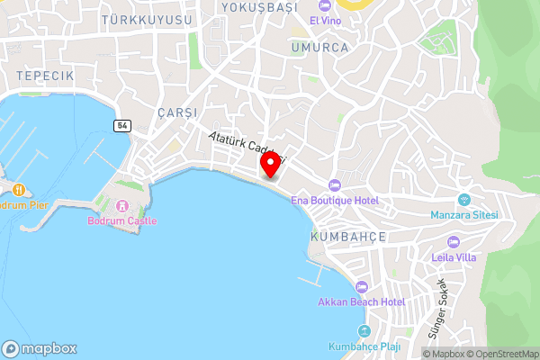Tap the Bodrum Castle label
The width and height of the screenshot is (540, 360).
click(122, 220)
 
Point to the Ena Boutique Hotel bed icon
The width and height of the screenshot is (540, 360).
click(335, 184)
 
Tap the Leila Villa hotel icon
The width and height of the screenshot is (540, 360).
click(453, 241)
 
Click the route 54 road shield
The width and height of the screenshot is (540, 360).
click(121, 126)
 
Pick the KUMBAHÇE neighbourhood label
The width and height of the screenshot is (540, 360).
click(347, 236)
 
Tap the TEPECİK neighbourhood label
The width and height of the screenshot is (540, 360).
click(44, 75)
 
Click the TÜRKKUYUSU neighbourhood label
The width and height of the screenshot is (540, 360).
click(147, 19)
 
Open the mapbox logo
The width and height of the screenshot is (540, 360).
click(40, 348)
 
